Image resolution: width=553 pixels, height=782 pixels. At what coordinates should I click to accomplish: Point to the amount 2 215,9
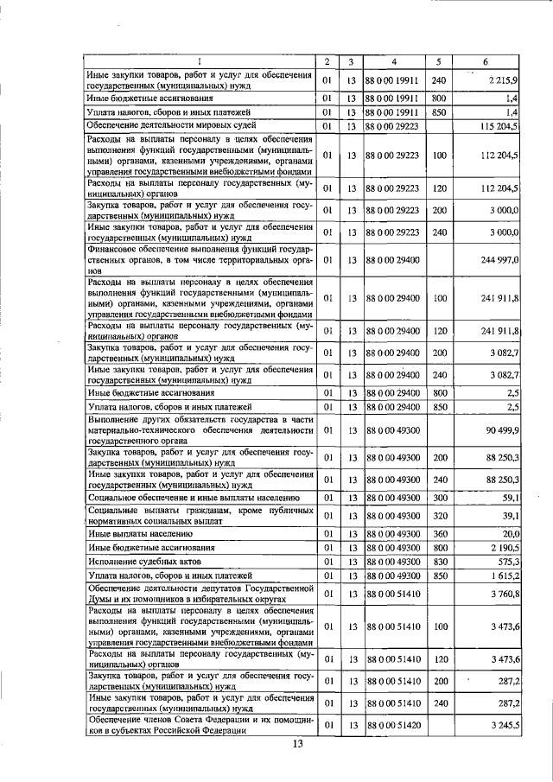point(502,80)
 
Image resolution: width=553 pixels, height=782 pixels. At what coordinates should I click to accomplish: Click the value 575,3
point(506,562)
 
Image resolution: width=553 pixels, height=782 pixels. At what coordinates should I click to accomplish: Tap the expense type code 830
point(438,562)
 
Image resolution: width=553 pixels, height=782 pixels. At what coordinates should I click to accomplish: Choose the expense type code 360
point(438,533)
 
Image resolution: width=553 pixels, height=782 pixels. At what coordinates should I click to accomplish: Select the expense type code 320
point(438,516)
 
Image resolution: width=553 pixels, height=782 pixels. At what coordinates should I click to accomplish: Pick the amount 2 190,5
point(501,548)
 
